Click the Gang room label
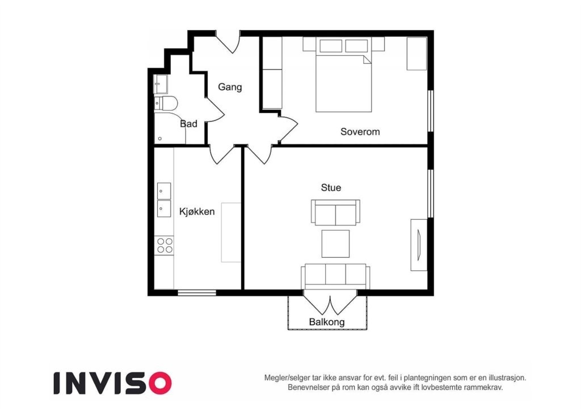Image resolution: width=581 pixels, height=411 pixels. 230,87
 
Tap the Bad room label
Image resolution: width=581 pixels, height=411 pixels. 188,124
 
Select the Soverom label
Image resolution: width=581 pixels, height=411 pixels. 360,132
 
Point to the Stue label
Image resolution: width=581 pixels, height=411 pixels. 331,187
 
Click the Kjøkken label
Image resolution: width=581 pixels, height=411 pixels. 197,212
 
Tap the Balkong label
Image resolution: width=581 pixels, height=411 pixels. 326,322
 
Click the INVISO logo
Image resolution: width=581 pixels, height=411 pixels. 112,383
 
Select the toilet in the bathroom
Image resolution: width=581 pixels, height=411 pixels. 166,103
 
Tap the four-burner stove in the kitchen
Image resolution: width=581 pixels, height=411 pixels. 165,245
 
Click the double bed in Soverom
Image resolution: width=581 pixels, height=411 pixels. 343,79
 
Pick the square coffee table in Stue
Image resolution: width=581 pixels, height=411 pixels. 335,244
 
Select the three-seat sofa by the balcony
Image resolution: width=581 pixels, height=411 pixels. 335,276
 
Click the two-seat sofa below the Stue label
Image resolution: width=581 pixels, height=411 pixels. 334,212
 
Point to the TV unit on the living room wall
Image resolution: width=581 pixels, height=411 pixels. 418,244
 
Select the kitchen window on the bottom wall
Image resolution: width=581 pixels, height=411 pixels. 197,293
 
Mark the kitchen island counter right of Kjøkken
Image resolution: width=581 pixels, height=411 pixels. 231,232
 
